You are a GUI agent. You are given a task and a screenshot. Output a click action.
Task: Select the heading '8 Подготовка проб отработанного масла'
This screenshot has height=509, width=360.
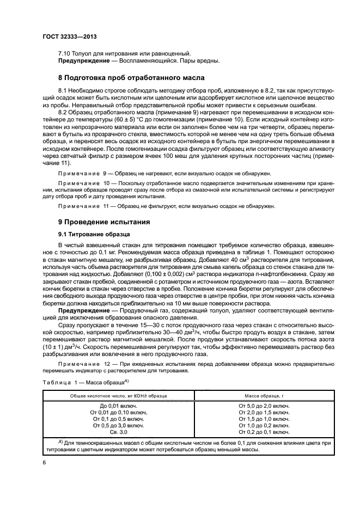(131, 78)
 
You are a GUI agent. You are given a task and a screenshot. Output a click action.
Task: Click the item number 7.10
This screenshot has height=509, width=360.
(65, 53)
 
